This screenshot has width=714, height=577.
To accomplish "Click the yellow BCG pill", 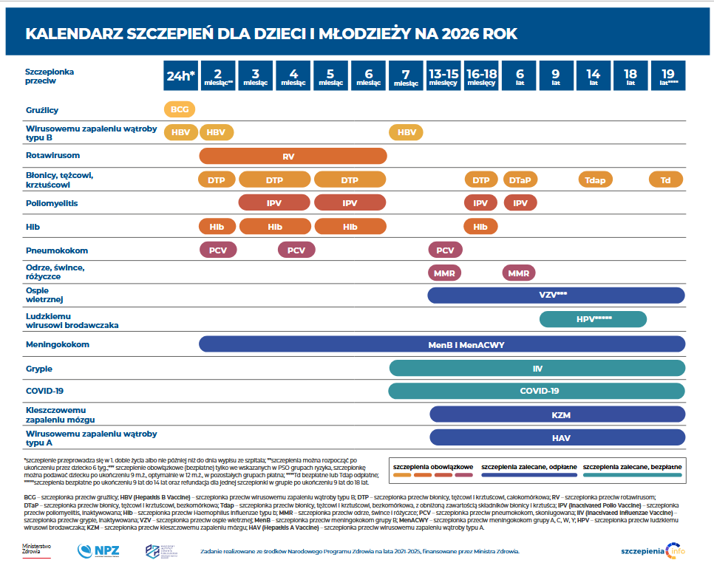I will (180, 109).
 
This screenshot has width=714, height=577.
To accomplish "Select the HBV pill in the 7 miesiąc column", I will (407, 132).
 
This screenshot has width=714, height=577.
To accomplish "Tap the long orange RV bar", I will (293, 156).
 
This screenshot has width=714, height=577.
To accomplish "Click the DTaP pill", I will (520, 180).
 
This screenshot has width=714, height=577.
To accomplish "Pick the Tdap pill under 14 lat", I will (595, 180).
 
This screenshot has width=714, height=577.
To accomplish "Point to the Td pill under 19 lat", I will (665, 180).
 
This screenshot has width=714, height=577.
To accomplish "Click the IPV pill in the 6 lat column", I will (520, 202).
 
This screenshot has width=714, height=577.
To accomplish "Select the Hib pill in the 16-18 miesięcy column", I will (480, 226).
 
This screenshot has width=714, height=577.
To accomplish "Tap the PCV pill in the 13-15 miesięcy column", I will (445, 250).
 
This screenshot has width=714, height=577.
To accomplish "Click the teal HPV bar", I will (593, 319).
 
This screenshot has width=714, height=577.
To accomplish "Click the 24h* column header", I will (181, 75).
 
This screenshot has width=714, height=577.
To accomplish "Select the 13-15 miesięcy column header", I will (443, 75).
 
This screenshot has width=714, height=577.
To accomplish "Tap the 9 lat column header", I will (555, 75).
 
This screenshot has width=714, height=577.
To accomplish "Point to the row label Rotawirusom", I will (52, 156).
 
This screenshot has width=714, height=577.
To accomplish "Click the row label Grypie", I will (39, 368).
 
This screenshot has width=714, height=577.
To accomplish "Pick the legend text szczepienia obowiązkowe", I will (432, 468).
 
